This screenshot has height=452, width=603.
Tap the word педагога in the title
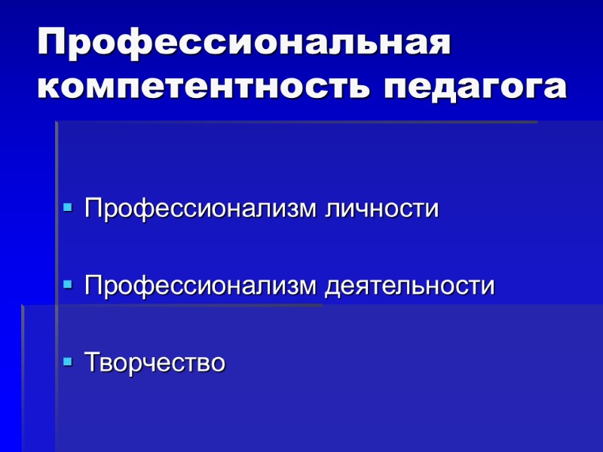tap(475, 88)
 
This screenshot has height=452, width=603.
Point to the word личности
tap(381, 209)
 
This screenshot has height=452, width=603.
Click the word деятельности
tap(410, 286)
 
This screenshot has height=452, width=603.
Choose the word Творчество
tap(155, 362)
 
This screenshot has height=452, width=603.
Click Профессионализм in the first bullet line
tap(201, 209)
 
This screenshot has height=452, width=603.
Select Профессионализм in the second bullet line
tap(201, 286)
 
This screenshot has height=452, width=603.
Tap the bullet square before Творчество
tap(68, 362)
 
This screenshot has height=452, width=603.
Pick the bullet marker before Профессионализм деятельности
tap(68, 285)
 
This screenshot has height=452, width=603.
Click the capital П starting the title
tap(54, 44)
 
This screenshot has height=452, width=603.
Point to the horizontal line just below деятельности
tap(173, 305)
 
